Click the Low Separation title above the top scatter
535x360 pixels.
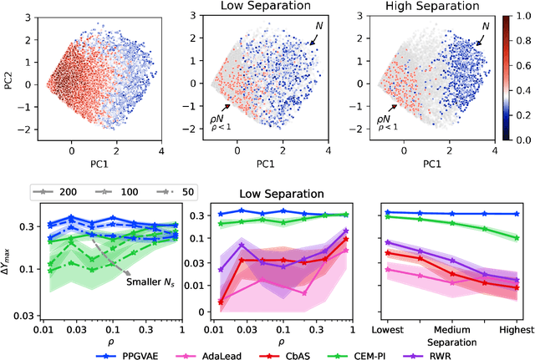click(262, 6)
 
